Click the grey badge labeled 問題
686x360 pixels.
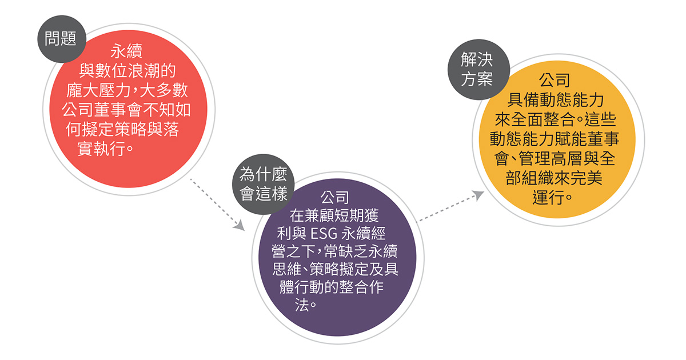(62, 39)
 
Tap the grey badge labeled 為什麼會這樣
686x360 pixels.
(264, 184)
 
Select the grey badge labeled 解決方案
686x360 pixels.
(478, 70)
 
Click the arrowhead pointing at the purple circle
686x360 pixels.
(240, 225)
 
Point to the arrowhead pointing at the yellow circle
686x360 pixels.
(478, 195)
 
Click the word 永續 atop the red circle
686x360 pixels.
(126, 51)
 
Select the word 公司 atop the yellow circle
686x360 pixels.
(555, 81)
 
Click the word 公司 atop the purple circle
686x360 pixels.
(334, 198)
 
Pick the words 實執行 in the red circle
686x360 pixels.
(102, 149)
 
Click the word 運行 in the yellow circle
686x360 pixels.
(548, 198)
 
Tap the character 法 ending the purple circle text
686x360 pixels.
(302, 305)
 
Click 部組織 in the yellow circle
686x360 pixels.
(530, 178)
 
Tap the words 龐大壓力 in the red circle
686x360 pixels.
(98, 90)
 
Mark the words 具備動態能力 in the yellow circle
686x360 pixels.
(555, 100)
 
